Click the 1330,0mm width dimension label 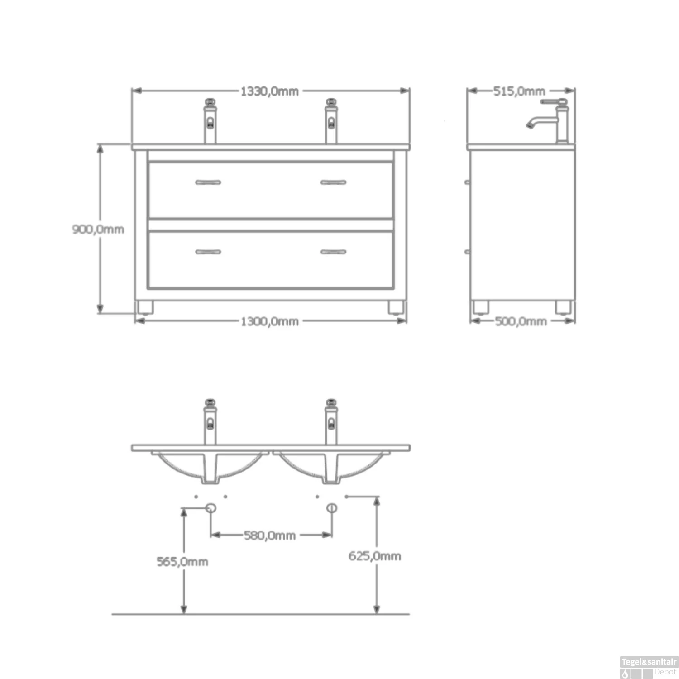coord(269,91)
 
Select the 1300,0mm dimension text coord(269,321)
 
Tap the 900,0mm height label coord(98,229)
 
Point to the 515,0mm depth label coord(519,91)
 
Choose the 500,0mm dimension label coord(521,321)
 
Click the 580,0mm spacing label coord(270,536)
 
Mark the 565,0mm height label coord(182,562)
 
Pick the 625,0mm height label coord(374,556)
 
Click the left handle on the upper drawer coord(208,182)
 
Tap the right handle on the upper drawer coord(333,182)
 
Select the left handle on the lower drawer coord(208,252)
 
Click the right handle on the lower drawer coord(333,252)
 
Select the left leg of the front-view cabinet coord(145,307)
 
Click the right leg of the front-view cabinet coord(396,307)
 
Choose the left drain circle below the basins coord(210,508)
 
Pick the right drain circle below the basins coord(332,508)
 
